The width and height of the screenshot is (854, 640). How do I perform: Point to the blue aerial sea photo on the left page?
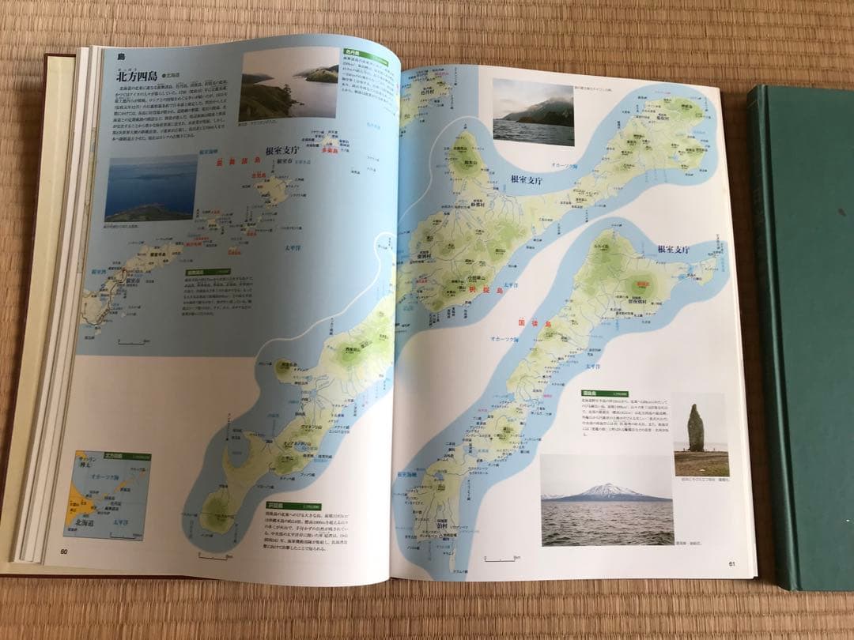(x=150, y=190)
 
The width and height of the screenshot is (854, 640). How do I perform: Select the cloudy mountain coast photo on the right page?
(x=533, y=111)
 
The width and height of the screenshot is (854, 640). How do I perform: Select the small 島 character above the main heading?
(x=121, y=56)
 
